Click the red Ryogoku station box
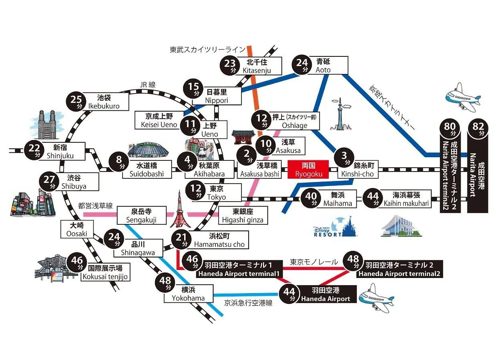pos(308,170)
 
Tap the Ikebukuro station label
pos(108,102)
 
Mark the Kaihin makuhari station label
pos(406,199)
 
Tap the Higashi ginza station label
pos(243,215)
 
